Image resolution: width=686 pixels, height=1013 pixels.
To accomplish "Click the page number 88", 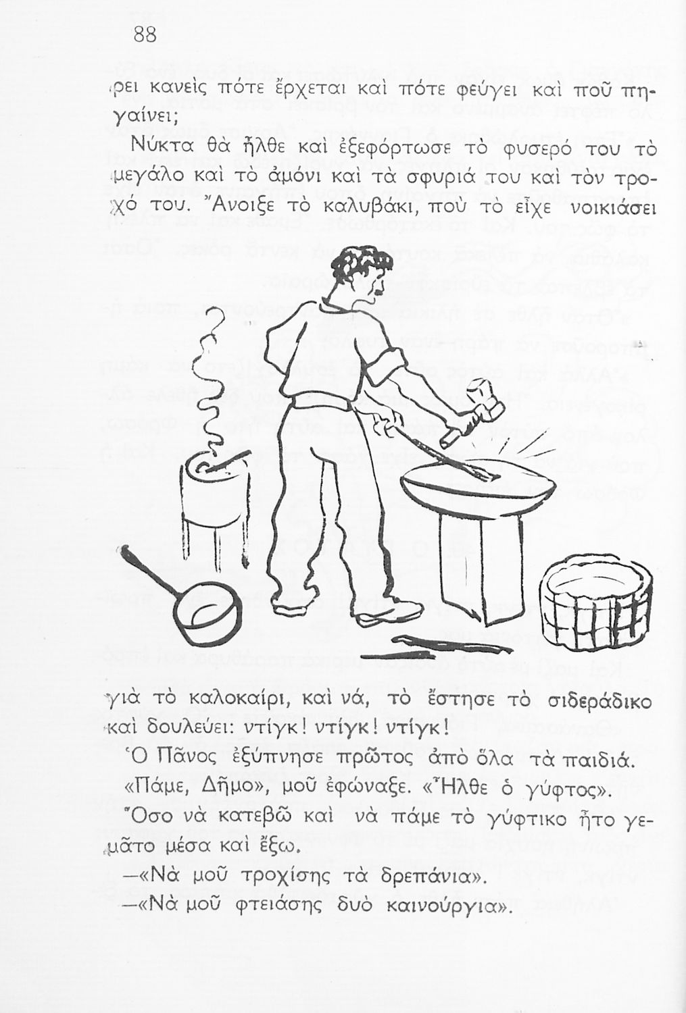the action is [x=145, y=34].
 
